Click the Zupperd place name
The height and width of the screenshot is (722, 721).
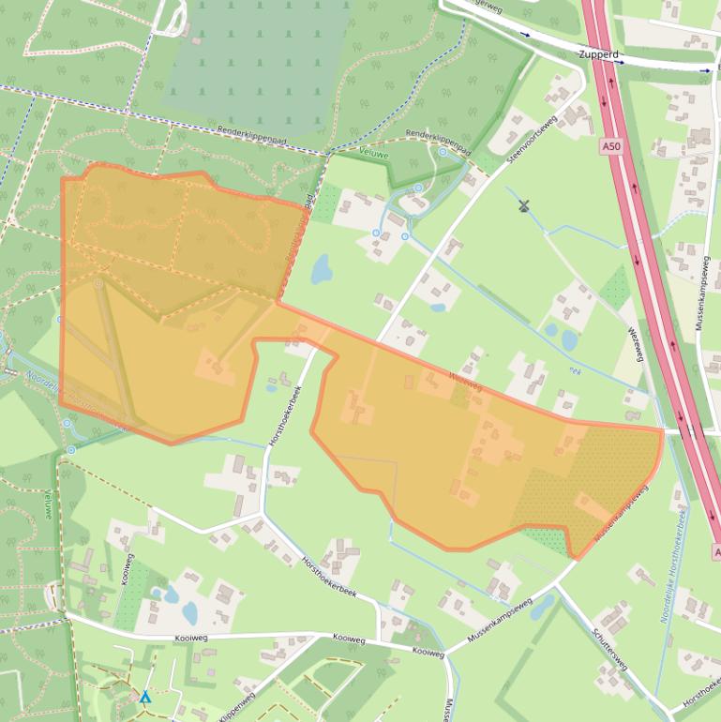point(600,55)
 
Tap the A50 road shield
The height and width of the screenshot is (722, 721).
point(610,147)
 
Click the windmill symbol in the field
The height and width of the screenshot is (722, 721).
point(524,205)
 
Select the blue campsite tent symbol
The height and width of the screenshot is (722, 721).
point(145,698)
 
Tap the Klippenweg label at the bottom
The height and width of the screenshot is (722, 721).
point(238,709)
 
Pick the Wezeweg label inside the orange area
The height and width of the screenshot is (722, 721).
point(466,381)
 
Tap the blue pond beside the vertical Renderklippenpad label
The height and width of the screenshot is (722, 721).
point(321,270)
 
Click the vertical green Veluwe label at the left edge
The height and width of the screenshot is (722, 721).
point(47,504)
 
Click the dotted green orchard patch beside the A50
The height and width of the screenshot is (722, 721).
point(615,286)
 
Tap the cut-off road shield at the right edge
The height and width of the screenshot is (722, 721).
point(716,553)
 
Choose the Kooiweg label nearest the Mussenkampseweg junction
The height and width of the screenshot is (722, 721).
point(428,652)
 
